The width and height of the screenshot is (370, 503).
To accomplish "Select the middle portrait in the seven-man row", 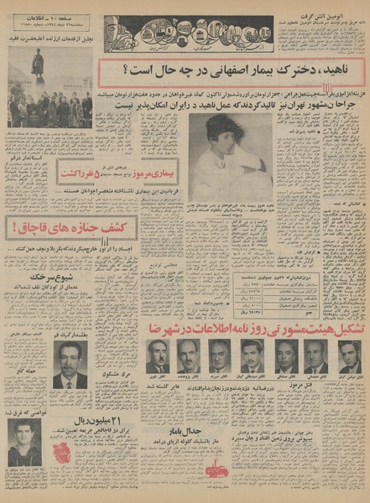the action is (252, 356).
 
